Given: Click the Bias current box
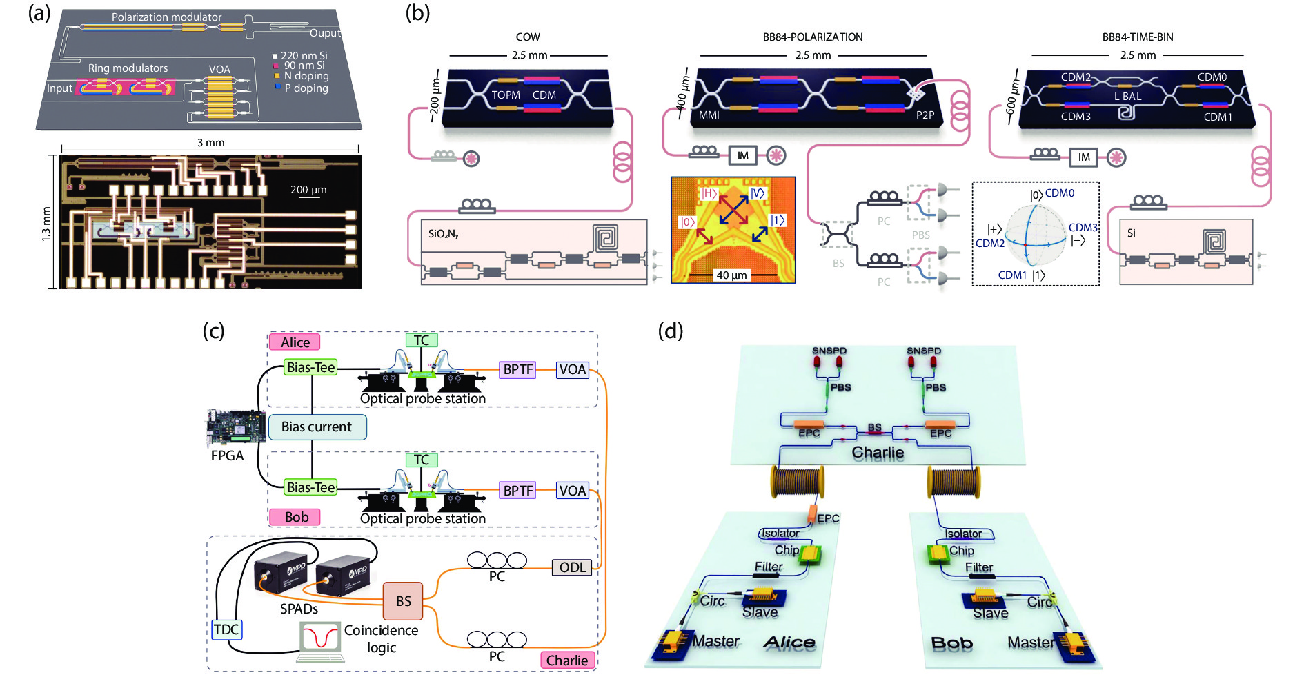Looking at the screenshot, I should (x=316, y=427).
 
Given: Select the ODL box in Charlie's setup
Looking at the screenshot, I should (x=572, y=567).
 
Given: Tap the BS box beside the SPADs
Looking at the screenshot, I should (x=403, y=601).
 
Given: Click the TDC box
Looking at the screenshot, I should (x=226, y=629).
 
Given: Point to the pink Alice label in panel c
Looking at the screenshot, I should (x=295, y=342).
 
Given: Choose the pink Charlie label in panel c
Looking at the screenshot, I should (x=566, y=661).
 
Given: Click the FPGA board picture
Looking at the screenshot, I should (x=236, y=428).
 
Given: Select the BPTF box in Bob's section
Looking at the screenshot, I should (x=517, y=491).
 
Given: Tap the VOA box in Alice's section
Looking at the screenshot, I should (x=573, y=369).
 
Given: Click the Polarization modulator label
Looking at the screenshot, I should (x=166, y=17).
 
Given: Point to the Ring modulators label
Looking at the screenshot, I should (x=128, y=68).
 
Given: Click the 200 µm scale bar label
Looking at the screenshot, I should (x=308, y=190).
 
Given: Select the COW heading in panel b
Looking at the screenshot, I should (x=528, y=37).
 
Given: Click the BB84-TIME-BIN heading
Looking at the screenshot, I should (x=1137, y=37).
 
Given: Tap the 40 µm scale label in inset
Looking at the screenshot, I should (x=731, y=275).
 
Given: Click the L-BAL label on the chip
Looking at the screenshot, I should (x=1127, y=97).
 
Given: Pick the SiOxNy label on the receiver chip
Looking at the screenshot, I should (x=443, y=234).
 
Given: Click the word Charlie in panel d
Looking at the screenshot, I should (x=878, y=453).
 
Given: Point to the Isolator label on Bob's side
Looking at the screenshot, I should (x=963, y=534).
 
